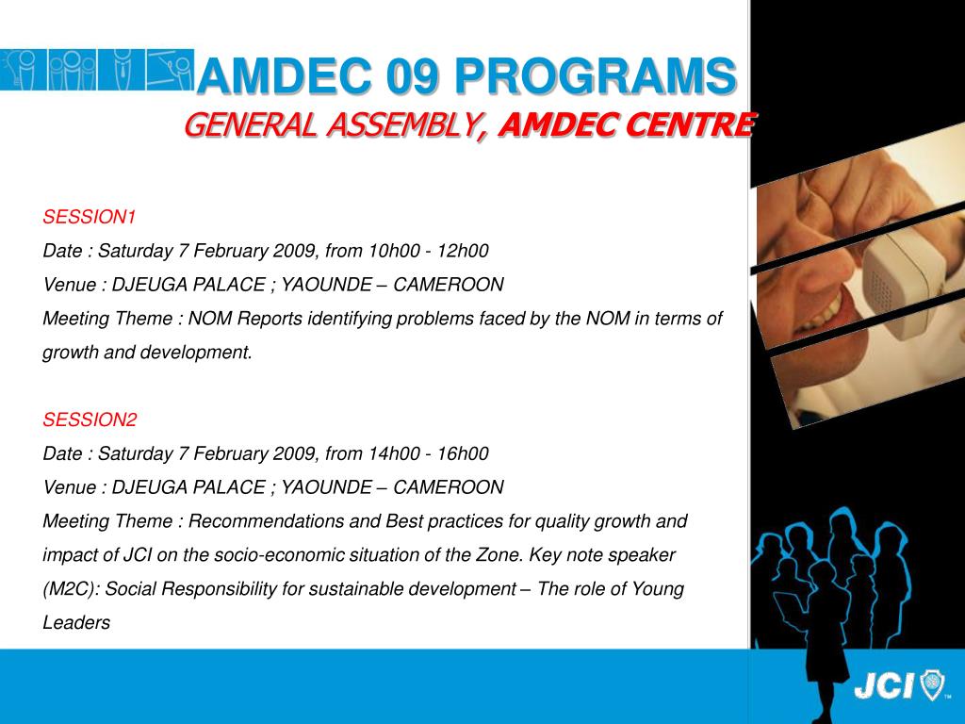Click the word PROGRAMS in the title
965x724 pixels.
coord(594,76)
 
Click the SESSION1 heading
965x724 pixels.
coord(90,218)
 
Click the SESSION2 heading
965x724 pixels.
coord(90,420)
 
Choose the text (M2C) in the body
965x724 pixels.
coord(72,589)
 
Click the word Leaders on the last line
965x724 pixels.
coord(76,623)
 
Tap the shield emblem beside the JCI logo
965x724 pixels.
coord(932,686)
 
